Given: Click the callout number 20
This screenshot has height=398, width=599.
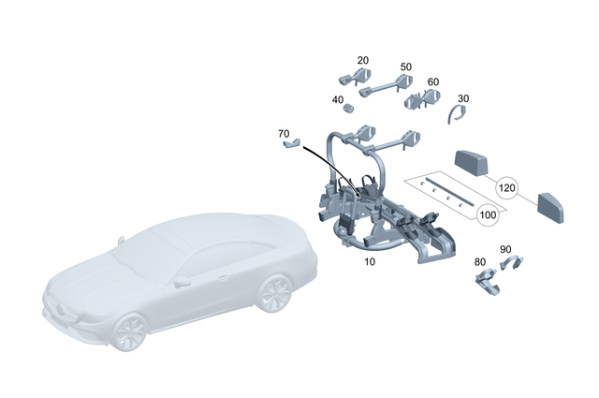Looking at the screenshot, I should [363, 60].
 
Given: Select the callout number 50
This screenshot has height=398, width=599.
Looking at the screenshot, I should [406, 67].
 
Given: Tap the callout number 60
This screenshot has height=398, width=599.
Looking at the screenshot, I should [432, 81].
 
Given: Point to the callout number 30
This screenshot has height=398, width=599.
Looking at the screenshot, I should [463, 98].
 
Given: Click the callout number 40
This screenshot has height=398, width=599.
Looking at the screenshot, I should [337, 100].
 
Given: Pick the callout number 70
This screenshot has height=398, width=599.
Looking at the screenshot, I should [284, 134].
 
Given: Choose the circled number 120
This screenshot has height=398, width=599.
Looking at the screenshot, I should [507, 187].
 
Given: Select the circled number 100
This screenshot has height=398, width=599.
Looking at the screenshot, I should [488, 215].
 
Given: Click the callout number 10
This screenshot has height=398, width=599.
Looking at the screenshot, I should [370, 262].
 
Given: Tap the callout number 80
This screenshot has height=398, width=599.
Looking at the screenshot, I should [480, 262].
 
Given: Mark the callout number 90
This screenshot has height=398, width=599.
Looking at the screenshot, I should [505, 249].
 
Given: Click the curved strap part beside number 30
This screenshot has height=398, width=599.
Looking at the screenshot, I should [456, 114].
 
